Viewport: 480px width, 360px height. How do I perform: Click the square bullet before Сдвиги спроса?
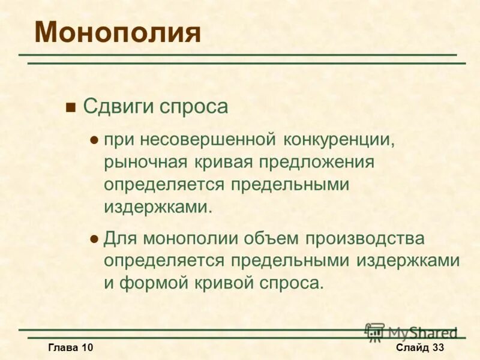tap(71, 108)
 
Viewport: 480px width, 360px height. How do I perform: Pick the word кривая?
tap(224, 162)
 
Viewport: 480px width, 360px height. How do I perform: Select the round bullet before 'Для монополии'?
tap(93, 239)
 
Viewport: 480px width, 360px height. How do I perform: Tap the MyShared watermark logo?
tap(411, 332)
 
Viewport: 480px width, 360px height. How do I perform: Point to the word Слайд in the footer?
tap(412, 348)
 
